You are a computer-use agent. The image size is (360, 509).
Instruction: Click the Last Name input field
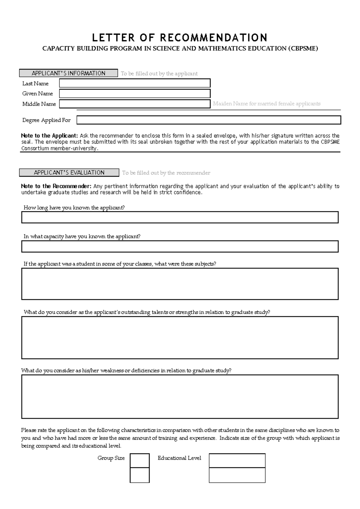tap(135, 83)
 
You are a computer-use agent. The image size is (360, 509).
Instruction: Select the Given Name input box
tap(135, 93)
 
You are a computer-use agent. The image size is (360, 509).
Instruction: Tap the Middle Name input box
tap(135, 104)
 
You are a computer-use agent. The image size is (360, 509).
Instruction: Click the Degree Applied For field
tap(208, 120)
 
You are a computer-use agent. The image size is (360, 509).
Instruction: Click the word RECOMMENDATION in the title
tap(214, 38)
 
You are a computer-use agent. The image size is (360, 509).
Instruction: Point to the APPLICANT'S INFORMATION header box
tap(68, 73)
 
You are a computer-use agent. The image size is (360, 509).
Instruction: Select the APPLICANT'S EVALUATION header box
tap(69, 173)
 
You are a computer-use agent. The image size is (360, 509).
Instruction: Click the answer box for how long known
tap(180, 217)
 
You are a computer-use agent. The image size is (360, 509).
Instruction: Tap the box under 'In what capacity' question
tap(180, 246)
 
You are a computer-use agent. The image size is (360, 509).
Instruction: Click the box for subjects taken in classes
tap(180, 284)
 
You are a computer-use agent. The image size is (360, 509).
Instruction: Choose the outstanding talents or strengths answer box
tap(180, 337)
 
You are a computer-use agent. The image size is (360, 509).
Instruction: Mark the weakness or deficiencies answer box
tap(180, 396)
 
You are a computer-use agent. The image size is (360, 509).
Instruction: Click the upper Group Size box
tap(139, 460)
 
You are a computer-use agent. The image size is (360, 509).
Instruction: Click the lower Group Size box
tap(139, 475)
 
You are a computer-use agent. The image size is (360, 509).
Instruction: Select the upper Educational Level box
tap(237, 460)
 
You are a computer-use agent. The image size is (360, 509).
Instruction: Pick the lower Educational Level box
tap(237, 475)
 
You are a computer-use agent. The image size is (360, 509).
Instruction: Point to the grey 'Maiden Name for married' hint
tap(266, 104)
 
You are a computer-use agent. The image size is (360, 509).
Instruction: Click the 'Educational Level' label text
tap(179, 458)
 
